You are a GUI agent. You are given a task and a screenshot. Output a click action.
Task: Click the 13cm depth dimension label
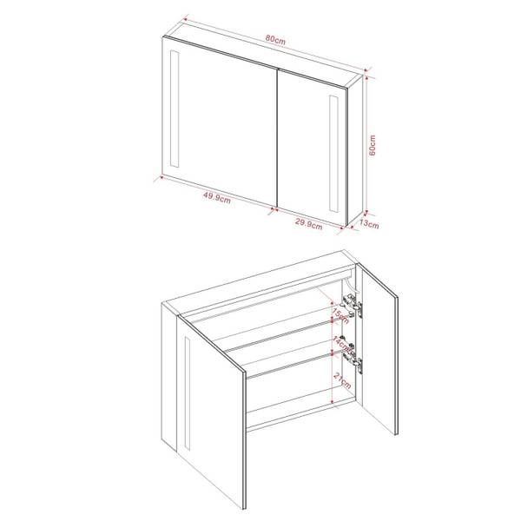point(369,224)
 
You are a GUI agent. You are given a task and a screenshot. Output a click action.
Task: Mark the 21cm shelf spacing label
point(336,379)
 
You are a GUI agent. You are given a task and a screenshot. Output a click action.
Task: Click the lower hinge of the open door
point(351,353)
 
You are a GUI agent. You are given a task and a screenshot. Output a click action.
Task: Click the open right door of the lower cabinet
point(383,356)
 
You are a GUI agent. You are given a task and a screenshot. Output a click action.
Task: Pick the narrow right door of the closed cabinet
point(313,143)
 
